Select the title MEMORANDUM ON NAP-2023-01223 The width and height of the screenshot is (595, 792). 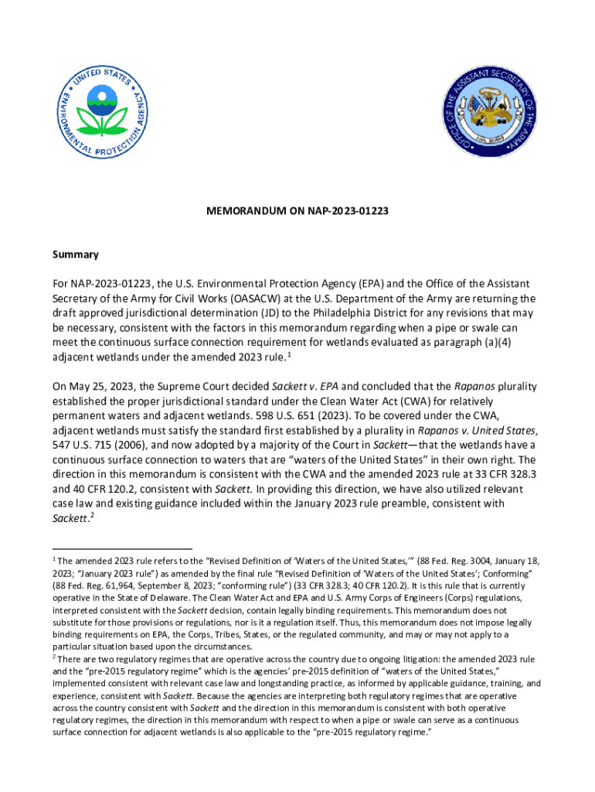(297, 210)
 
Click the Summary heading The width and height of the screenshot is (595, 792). (76, 254)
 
